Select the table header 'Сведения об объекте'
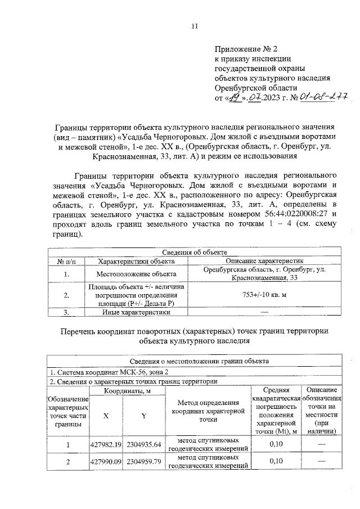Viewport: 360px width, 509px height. [194, 253]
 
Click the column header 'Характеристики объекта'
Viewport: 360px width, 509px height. [136, 261]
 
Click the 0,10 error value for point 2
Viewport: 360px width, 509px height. [276, 462]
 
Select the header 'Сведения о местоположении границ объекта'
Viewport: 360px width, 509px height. [195, 361]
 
